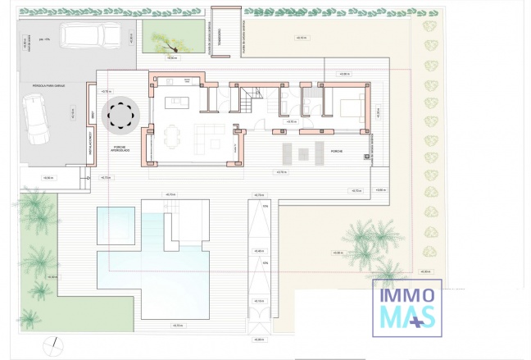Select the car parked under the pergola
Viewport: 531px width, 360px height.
point(35,121)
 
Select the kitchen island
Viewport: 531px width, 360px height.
point(178,103)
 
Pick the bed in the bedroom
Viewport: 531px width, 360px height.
point(348,107)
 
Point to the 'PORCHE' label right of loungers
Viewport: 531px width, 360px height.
point(337,153)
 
